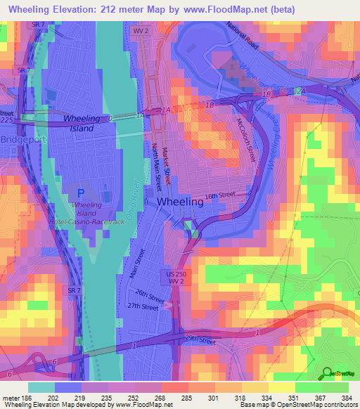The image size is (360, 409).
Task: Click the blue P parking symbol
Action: tap(80, 193)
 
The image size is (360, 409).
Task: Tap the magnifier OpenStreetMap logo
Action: tap(326, 373)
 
